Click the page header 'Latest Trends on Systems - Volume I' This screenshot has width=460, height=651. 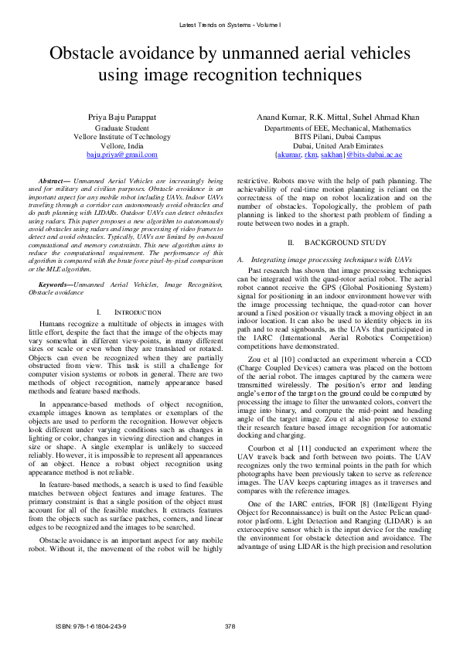230,25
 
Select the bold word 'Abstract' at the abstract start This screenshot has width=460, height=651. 53,179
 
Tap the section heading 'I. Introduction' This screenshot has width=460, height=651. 129,312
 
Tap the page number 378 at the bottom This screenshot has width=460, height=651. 230,625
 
